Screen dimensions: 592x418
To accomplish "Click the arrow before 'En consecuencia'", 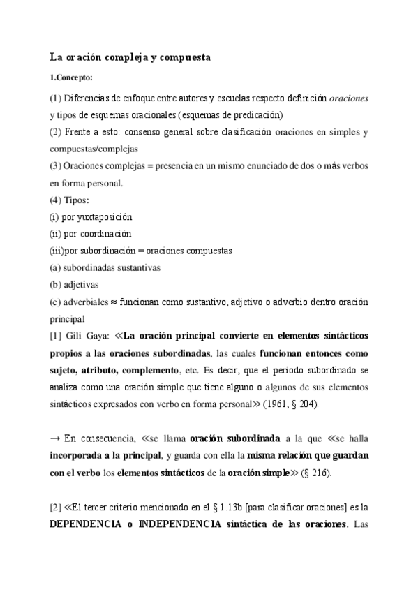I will (54, 438).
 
